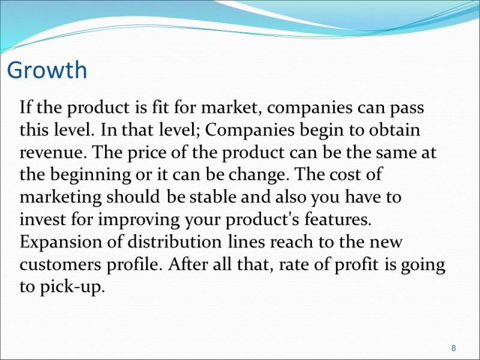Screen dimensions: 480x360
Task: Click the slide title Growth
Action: coord(47,71)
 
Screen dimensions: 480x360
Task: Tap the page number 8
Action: coord(454,348)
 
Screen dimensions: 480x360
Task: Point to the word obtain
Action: coord(394,129)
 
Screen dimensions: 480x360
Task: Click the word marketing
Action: coord(61,197)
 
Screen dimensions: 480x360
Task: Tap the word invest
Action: coord(43,219)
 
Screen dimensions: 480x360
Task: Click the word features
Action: coord(338,219)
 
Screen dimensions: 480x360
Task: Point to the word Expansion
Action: coord(61,242)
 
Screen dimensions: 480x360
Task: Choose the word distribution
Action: coord(174,242)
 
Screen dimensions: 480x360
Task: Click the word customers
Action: coord(61,265)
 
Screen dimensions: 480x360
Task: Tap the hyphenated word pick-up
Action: coord(72,287)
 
